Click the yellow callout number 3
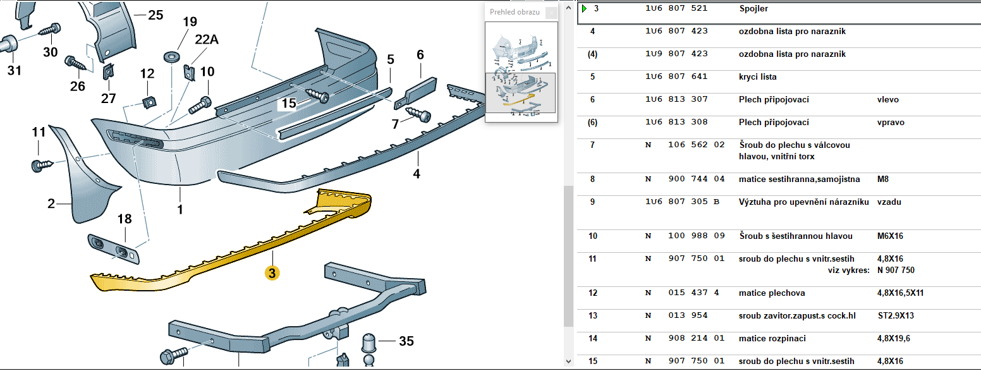click(272, 273)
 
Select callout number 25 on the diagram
click(155, 15)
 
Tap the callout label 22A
click(206, 40)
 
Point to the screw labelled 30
click(49, 30)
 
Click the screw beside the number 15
click(318, 95)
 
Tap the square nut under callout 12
click(150, 102)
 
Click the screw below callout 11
click(40, 166)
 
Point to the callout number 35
click(406, 341)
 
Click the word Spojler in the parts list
click(753, 9)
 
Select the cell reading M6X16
click(890, 236)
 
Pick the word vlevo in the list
click(887, 100)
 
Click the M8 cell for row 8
click(883, 179)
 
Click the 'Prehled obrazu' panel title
click(515, 12)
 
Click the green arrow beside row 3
click(585, 9)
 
